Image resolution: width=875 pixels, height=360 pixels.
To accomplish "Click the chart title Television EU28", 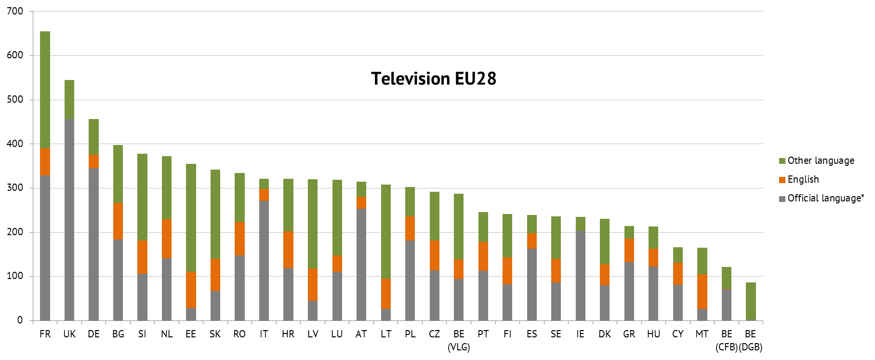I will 433,79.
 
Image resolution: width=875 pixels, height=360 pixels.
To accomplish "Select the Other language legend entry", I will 821,160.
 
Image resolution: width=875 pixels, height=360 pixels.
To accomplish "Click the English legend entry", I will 803,179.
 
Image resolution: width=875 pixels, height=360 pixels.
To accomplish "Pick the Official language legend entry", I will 825,198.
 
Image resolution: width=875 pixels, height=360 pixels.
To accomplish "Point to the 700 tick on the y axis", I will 15,11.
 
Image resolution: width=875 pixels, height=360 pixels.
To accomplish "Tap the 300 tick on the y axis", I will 15,188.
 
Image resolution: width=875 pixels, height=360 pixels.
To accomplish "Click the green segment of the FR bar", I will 45,90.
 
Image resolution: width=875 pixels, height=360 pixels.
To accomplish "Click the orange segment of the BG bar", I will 118,221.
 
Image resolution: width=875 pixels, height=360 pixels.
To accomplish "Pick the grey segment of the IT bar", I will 264,260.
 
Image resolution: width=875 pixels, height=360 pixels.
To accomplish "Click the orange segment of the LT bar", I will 386,293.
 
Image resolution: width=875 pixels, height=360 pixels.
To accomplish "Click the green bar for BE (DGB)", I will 751,301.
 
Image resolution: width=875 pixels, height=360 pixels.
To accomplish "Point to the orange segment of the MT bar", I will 702,292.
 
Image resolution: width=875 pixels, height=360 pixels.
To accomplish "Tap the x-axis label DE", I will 93,334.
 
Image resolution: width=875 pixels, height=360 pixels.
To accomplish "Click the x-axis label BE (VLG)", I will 459,340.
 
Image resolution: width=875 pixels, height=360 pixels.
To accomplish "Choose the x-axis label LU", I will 337,334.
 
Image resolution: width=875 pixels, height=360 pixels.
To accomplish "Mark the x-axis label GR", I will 629,334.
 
